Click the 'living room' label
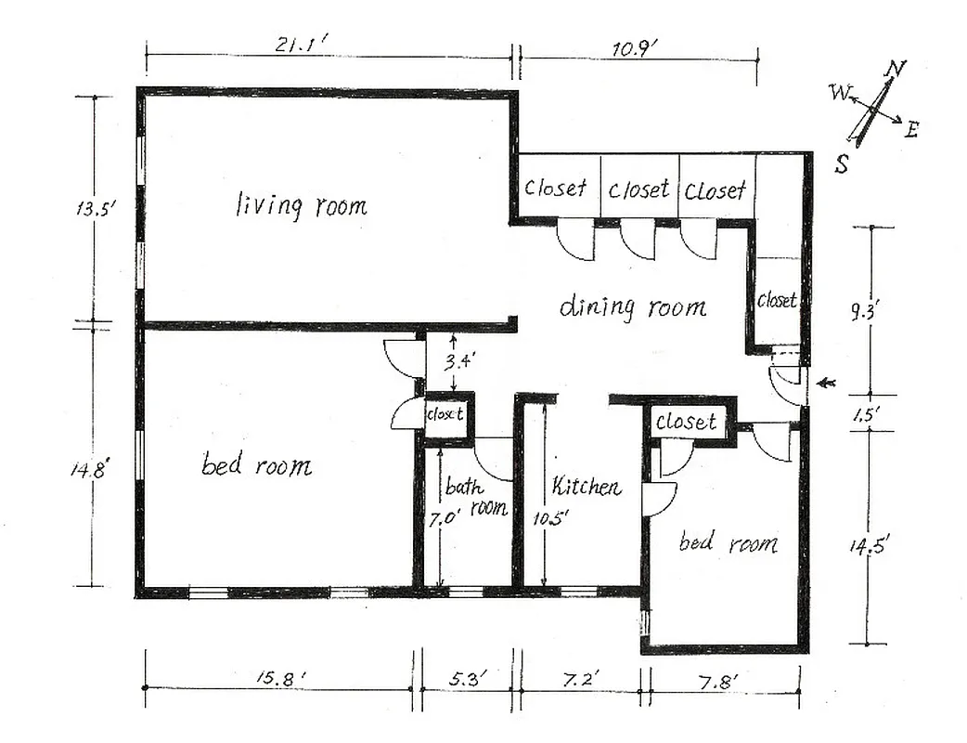tap(302, 204)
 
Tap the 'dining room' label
tap(632, 306)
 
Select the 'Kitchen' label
tap(586, 486)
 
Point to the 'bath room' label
tap(474, 497)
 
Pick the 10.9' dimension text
tap(635, 46)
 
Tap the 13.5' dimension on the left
tap(95, 209)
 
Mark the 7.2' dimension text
tap(581, 680)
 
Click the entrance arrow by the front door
tap(826, 383)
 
